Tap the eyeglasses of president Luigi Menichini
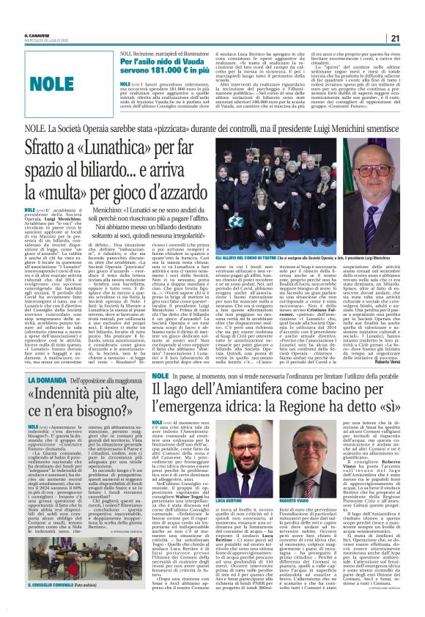click(x=376, y=166)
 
